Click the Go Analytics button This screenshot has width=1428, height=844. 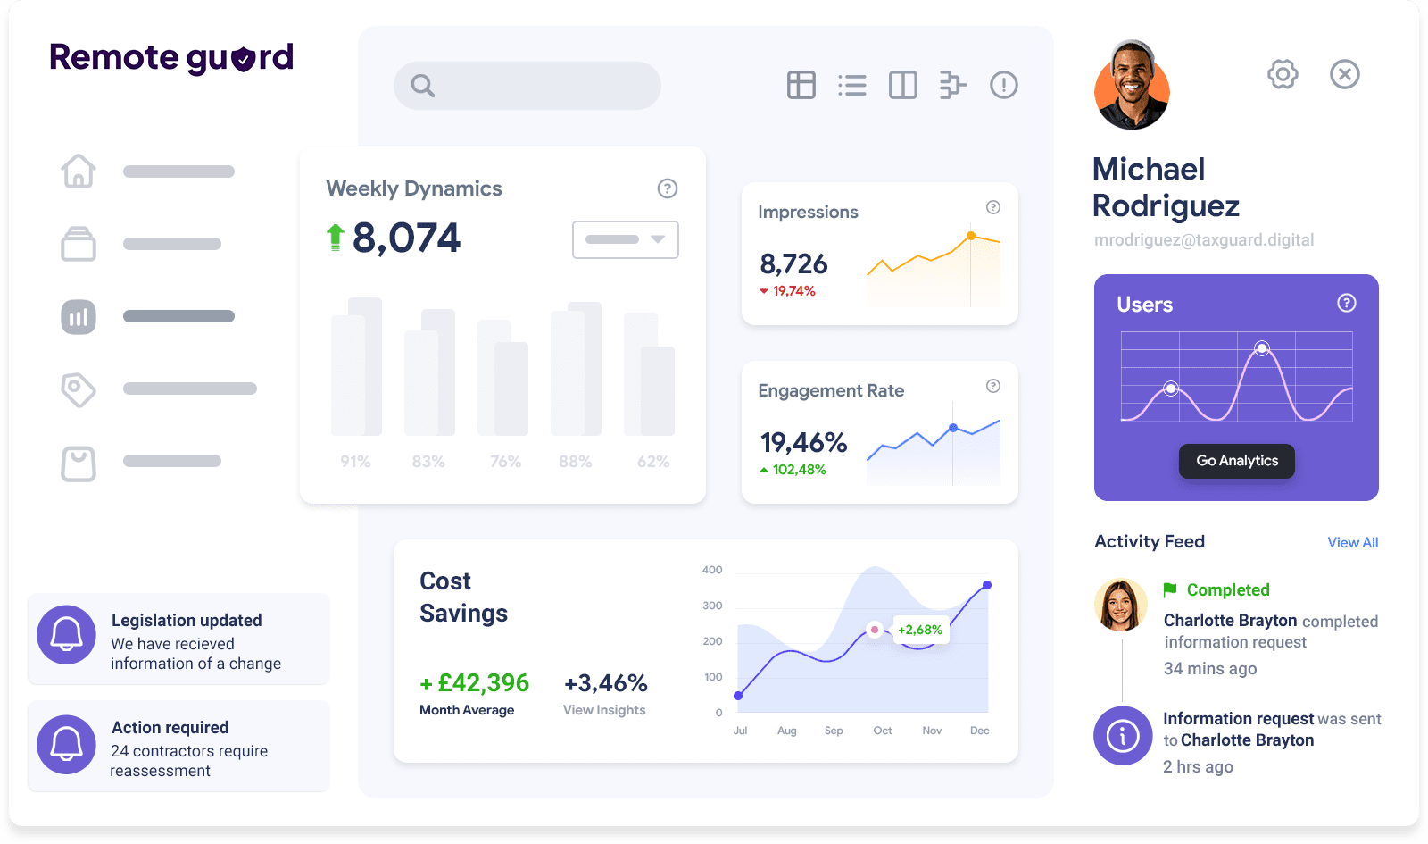1237,461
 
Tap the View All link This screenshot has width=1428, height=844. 1352,543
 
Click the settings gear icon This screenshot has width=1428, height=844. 1283,74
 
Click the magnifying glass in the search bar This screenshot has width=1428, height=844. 423,86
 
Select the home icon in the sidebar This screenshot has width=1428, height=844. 79,171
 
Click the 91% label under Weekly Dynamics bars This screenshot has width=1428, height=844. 355,462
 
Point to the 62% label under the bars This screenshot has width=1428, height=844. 653,462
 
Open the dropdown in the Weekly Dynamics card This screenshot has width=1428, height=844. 625,239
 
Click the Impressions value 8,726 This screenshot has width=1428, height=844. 793,264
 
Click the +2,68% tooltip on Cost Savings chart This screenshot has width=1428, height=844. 920,631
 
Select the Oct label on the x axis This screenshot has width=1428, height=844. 883,731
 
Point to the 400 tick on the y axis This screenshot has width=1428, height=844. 712,570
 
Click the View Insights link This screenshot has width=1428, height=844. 604,710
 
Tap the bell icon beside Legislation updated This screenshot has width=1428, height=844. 66,635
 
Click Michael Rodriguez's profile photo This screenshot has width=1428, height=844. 1132,87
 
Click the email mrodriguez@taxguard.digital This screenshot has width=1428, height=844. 1204,240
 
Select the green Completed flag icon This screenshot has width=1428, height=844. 1170,589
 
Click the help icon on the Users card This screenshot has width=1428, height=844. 1347,304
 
